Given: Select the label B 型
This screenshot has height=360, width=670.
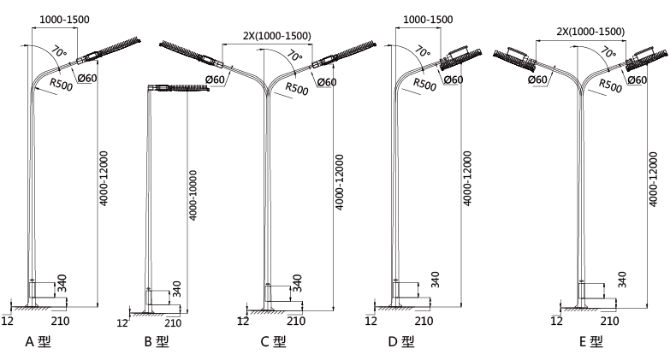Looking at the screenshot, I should (156, 342).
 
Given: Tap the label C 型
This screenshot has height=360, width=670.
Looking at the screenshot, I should (273, 342).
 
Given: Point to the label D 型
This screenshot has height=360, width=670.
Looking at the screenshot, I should (400, 342).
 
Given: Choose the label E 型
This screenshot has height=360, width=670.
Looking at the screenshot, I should (590, 342).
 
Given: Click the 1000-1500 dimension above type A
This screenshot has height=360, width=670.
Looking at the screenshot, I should (64, 19).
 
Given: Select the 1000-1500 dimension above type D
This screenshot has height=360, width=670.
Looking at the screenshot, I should (427, 19).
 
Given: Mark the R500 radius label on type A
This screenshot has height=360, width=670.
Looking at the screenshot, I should (60, 83).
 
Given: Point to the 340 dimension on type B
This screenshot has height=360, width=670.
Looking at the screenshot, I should (176, 288).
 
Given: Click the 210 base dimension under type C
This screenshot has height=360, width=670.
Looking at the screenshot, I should (295, 321).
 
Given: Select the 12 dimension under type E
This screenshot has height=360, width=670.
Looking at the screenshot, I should (557, 321).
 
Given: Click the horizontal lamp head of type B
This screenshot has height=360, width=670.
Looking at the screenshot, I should (181, 87).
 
